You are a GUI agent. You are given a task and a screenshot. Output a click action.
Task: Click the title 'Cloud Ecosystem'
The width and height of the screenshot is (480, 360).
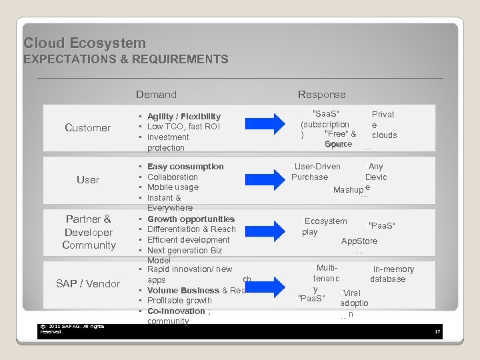pyautogui.click(x=85, y=43)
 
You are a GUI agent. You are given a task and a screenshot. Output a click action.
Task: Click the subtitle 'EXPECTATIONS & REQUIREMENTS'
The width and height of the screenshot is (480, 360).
pyautogui.click(x=126, y=59)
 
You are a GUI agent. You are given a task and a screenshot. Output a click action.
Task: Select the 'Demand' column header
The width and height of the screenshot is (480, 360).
pyautogui.click(x=156, y=95)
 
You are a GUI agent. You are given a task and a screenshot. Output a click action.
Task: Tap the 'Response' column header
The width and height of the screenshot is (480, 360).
pyautogui.click(x=321, y=95)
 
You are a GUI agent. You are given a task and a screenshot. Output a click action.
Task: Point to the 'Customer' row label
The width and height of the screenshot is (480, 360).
pyautogui.click(x=87, y=128)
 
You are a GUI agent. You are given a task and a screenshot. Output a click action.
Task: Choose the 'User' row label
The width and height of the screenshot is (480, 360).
pyautogui.click(x=87, y=180)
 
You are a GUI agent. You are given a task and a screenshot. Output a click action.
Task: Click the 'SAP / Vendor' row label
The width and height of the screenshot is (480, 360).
pyautogui.click(x=88, y=284)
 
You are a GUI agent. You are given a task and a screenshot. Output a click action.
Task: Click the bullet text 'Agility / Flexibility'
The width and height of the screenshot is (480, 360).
pyautogui.click(x=183, y=116)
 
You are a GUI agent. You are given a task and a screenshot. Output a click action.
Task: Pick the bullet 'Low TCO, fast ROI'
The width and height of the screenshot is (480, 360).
pyautogui.click(x=183, y=127)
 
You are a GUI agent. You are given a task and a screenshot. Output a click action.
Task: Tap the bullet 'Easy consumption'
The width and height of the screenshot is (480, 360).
pyautogui.click(x=185, y=167)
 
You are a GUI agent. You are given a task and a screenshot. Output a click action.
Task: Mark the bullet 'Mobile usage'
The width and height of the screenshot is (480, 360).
pyautogui.click(x=173, y=187)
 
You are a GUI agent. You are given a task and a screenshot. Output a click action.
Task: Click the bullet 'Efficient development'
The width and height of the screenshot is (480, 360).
pyautogui.click(x=188, y=240)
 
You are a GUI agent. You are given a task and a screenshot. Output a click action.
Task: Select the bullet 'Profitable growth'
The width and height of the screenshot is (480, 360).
pyautogui.click(x=179, y=301)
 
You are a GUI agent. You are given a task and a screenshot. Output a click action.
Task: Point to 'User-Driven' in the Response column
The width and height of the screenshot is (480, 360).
pyautogui.click(x=317, y=167)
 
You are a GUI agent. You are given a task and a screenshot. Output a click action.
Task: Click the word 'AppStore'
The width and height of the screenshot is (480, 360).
pyautogui.click(x=359, y=241)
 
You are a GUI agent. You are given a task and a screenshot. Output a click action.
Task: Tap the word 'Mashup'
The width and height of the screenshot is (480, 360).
pyautogui.click(x=348, y=190)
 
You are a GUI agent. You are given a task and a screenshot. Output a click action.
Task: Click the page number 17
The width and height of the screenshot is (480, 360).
pyautogui.click(x=437, y=331)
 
